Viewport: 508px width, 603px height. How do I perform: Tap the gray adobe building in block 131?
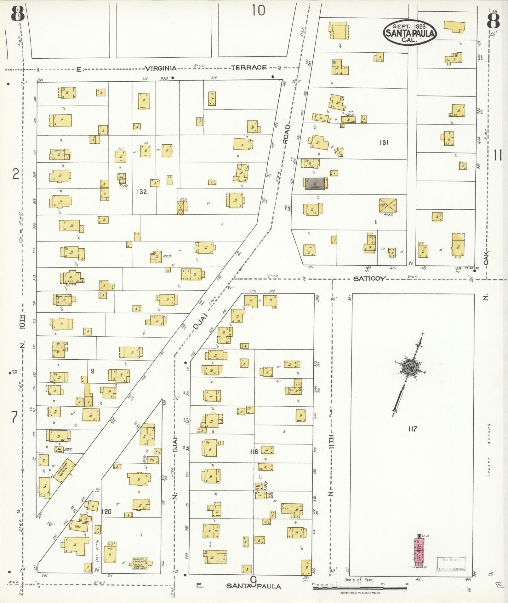coord(315,184)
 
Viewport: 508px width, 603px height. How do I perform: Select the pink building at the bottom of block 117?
coord(420,550)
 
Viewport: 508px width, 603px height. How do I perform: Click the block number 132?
coord(142,191)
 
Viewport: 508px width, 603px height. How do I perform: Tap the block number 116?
coord(254,452)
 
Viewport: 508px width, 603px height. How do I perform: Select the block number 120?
coord(107,512)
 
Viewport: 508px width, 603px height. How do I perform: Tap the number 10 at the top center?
coord(258,11)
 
